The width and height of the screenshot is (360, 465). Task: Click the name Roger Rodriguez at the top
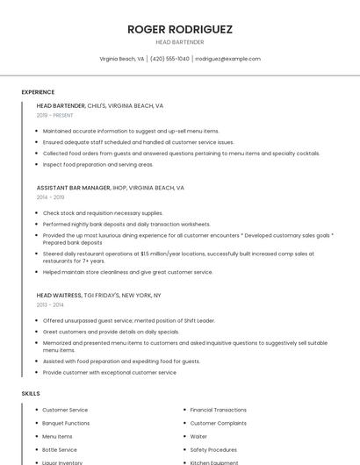[x=180, y=29]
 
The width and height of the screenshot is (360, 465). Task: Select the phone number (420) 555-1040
[x=169, y=59]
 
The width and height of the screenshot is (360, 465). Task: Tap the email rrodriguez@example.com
[x=227, y=59]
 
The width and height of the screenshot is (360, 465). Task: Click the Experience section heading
[x=38, y=91]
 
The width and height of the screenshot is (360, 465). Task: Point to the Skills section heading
[x=31, y=393]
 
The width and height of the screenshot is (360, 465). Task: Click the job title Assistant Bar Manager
[x=74, y=188]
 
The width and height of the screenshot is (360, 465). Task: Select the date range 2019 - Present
[x=55, y=115]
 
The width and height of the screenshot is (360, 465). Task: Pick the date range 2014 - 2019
[x=50, y=197]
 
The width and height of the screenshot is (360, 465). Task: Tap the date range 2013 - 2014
[x=50, y=304]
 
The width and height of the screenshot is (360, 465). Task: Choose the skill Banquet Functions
[x=66, y=423]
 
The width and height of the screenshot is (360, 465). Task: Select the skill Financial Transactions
[x=218, y=410]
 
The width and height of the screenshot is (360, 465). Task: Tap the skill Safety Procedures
[x=213, y=449]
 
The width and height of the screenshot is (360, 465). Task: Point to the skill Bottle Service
[x=60, y=449]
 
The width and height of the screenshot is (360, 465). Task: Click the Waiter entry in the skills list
[x=198, y=436]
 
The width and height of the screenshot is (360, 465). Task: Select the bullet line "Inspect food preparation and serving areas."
[x=97, y=164]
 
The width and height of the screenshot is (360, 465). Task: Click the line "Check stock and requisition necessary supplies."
[x=103, y=212]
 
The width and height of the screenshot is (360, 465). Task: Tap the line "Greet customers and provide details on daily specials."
[x=111, y=332]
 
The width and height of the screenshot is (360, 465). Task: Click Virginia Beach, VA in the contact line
[x=122, y=59]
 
